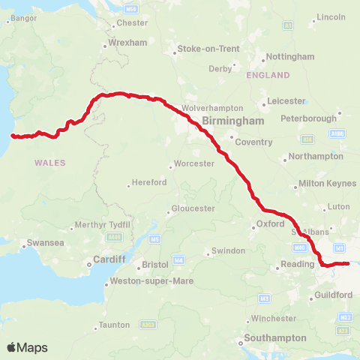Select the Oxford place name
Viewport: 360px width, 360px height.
270,223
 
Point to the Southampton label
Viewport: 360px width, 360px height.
274,337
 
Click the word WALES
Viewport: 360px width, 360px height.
50,163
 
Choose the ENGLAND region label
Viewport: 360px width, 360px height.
267,75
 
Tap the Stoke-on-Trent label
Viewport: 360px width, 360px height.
208,49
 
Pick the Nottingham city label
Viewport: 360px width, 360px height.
289,57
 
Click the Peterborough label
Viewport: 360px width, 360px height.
305,118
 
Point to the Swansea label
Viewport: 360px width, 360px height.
41,243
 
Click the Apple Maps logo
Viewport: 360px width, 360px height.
28,347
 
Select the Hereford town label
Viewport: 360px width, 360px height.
142,182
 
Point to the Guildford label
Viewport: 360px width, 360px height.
334,295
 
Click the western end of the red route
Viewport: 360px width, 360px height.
12,136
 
